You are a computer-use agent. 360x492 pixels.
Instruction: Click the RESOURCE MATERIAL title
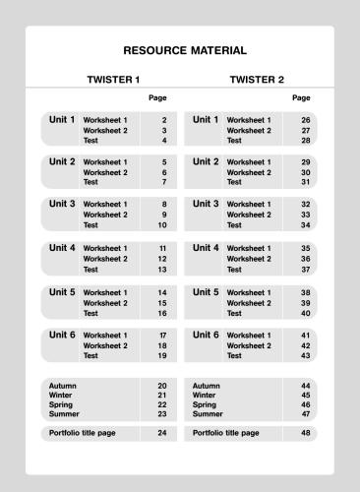click(x=185, y=50)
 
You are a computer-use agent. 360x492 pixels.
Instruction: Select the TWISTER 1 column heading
click(x=114, y=79)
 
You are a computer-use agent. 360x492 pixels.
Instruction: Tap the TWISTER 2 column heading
click(x=257, y=79)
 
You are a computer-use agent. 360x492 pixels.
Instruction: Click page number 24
click(x=162, y=433)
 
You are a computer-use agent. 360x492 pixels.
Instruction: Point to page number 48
click(x=306, y=433)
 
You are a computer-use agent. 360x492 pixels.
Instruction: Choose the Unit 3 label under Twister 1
click(x=62, y=205)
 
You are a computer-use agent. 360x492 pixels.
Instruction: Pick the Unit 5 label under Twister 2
click(x=206, y=292)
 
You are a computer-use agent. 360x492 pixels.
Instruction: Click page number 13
click(x=162, y=270)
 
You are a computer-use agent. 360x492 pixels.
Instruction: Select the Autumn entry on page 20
click(x=62, y=386)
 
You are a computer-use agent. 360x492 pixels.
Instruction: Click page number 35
click(x=306, y=249)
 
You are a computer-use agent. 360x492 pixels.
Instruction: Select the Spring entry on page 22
click(x=61, y=404)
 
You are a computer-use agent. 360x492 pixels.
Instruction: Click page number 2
click(x=163, y=120)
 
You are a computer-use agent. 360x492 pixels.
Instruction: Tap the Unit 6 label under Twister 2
click(x=206, y=336)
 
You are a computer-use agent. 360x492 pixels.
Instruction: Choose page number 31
click(x=306, y=182)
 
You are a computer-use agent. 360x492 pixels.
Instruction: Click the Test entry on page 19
click(x=90, y=356)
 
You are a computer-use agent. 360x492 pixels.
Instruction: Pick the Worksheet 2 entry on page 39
click(x=249, y=303)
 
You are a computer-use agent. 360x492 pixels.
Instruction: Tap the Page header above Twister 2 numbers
click(x=301, y=98)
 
